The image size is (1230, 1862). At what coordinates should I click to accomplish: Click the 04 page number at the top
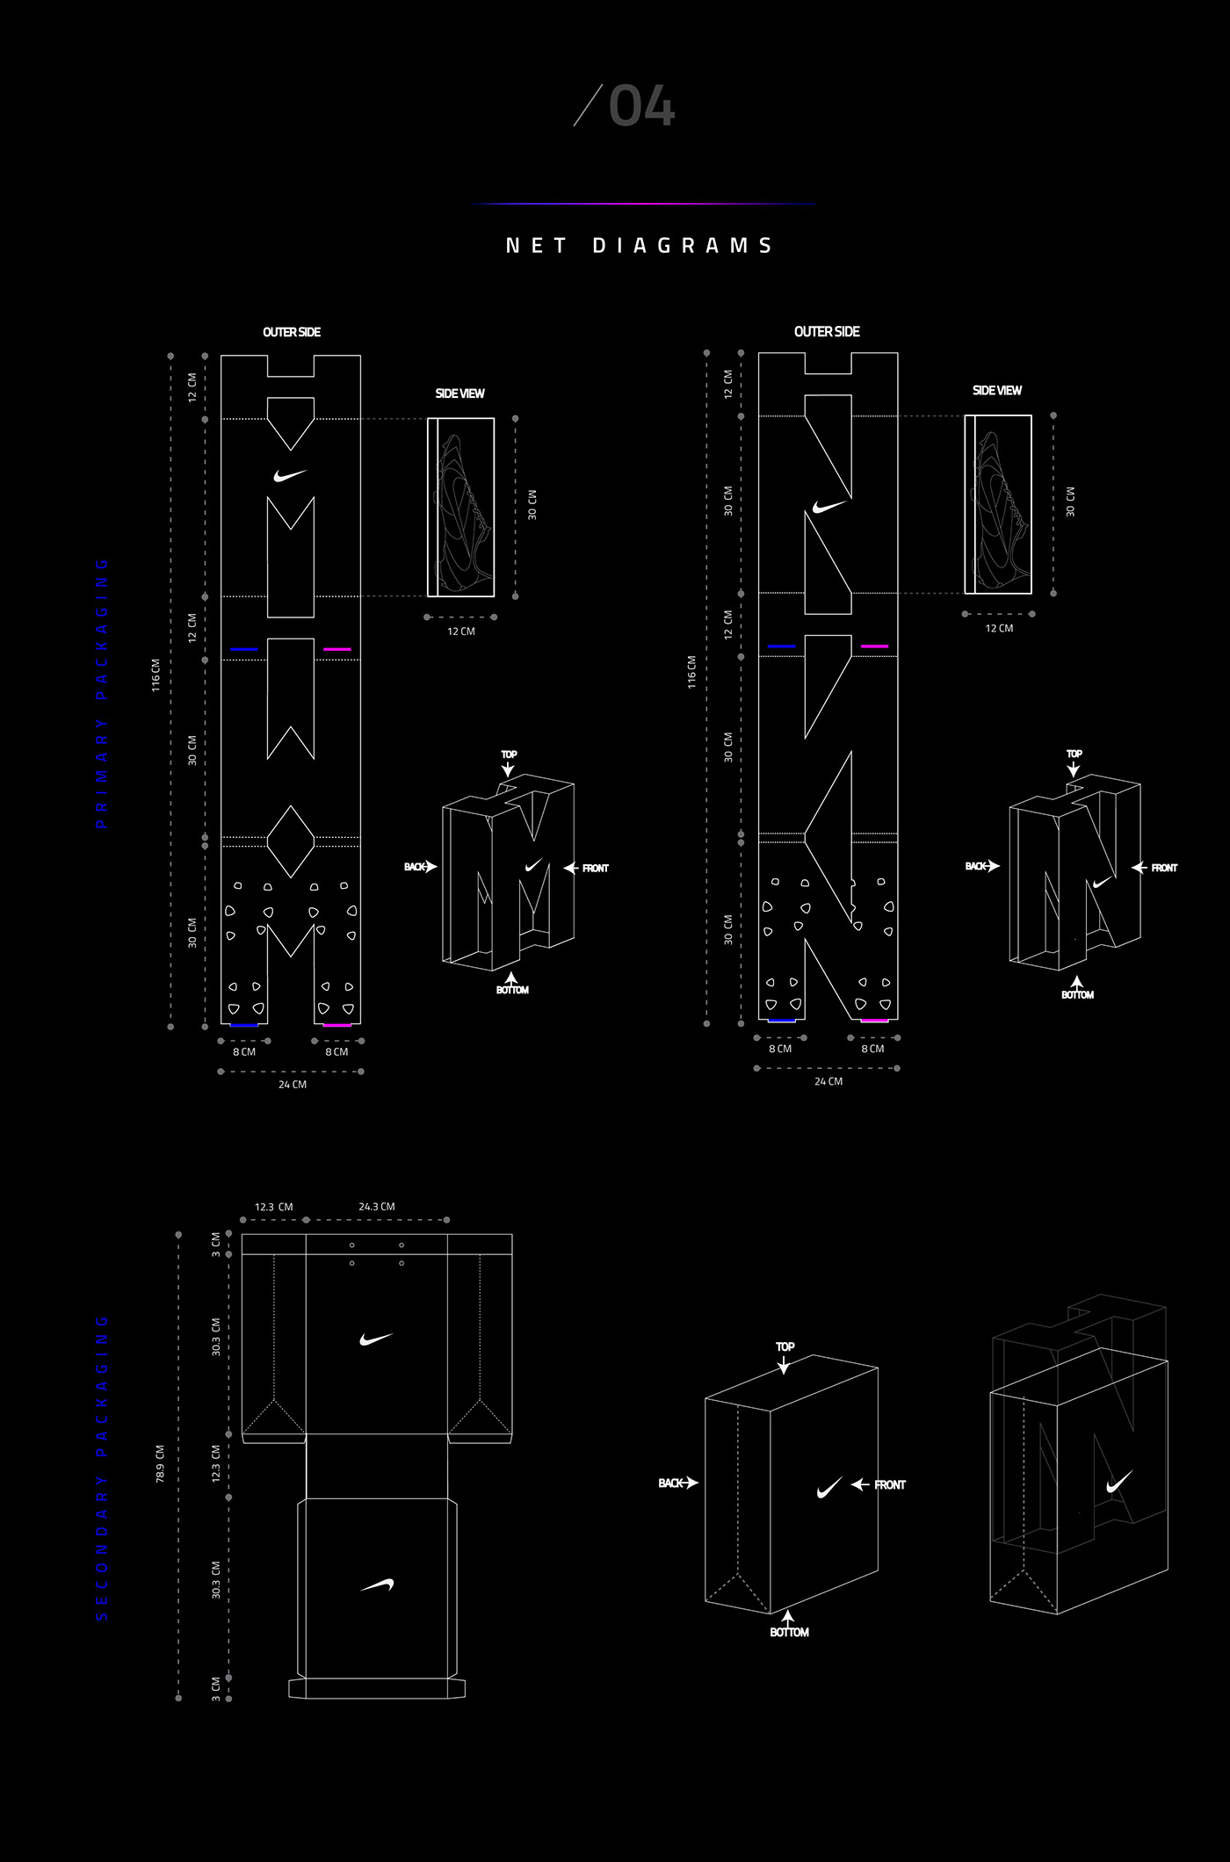click(x=640, y=107)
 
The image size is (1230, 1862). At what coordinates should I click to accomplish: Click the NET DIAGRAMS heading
click(x=640, y=246)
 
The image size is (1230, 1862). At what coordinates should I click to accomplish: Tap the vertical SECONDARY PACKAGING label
click(x=102, y=1468)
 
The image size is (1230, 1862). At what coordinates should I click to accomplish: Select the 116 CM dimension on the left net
click(x=156, y=675)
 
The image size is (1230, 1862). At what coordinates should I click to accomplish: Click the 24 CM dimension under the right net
click(x=828, y=1081)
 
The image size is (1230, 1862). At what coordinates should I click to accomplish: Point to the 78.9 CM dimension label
click(x=160, y=1463)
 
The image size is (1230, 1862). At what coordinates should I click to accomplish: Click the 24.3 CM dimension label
click(x=376, y=1207)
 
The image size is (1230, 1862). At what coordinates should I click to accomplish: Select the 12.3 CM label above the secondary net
click(x=273, y=1207)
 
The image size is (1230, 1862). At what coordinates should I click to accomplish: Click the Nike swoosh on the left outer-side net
click(x=289, y=475)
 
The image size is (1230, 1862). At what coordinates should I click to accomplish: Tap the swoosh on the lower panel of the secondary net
click(x=377, y=1585)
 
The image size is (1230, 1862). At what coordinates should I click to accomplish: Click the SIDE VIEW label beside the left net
click(x=459, y=393)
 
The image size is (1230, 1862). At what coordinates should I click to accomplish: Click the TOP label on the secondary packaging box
click(x=785, y=1346)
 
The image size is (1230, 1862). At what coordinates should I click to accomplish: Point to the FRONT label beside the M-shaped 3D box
click(x=595, y=869)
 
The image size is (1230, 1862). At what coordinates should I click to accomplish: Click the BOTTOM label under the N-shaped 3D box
click(x=1077, y=995)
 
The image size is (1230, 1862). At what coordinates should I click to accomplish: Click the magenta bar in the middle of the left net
click(x=336, y=649)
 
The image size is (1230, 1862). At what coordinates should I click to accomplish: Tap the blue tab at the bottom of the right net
click(x=781, y=1021)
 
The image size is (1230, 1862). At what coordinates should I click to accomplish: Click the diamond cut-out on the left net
click(x=290, y=841)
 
